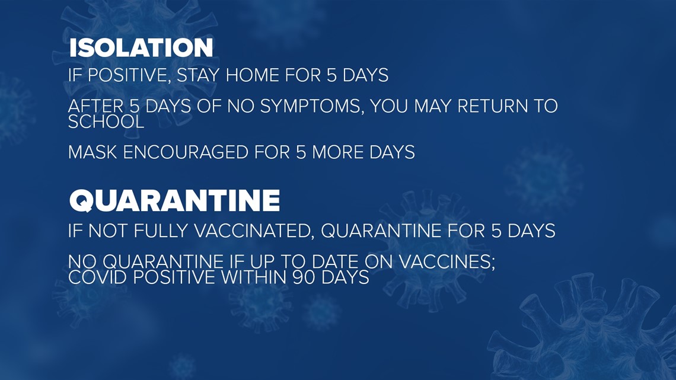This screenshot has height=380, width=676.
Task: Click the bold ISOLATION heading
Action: [141, 48]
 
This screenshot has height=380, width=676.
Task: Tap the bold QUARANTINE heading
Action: [174, 201]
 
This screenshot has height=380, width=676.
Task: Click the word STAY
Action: [198, 75]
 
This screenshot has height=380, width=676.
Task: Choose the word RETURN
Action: [492, 107]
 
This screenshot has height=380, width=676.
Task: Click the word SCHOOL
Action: [106, 122]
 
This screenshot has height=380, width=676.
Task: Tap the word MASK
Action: [93, 152]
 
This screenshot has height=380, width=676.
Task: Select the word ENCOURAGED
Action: [186, 152]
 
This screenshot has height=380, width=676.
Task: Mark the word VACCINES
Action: [448, 262]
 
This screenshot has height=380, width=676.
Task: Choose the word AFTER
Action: [95, 107]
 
